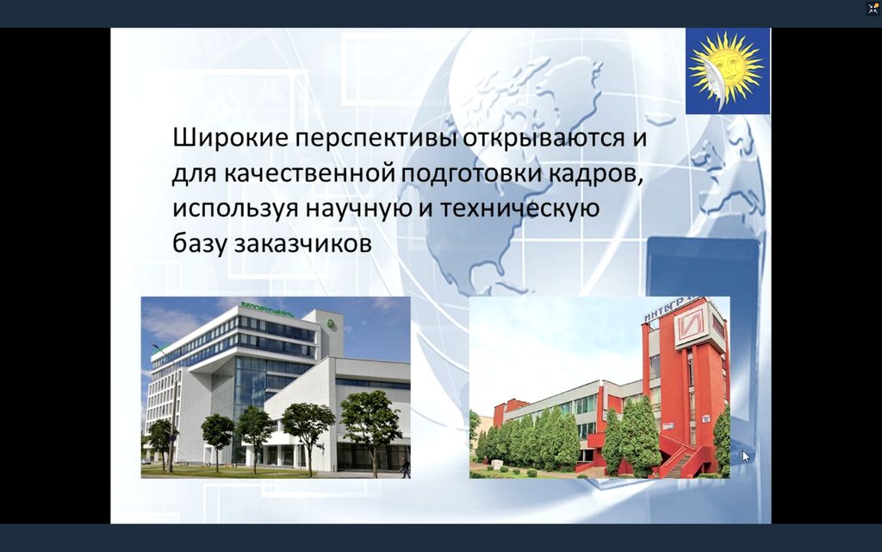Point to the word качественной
click(x=312, y=173)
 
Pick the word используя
click(x=236, y=210)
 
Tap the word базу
click(x=200, y=244)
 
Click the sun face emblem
click(x=728, y=72)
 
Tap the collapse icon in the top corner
click(x=873, y=8)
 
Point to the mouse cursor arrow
click(x=746, y=456)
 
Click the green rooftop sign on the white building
click(x=267, y=309)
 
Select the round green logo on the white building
click(x=332, y=323)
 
